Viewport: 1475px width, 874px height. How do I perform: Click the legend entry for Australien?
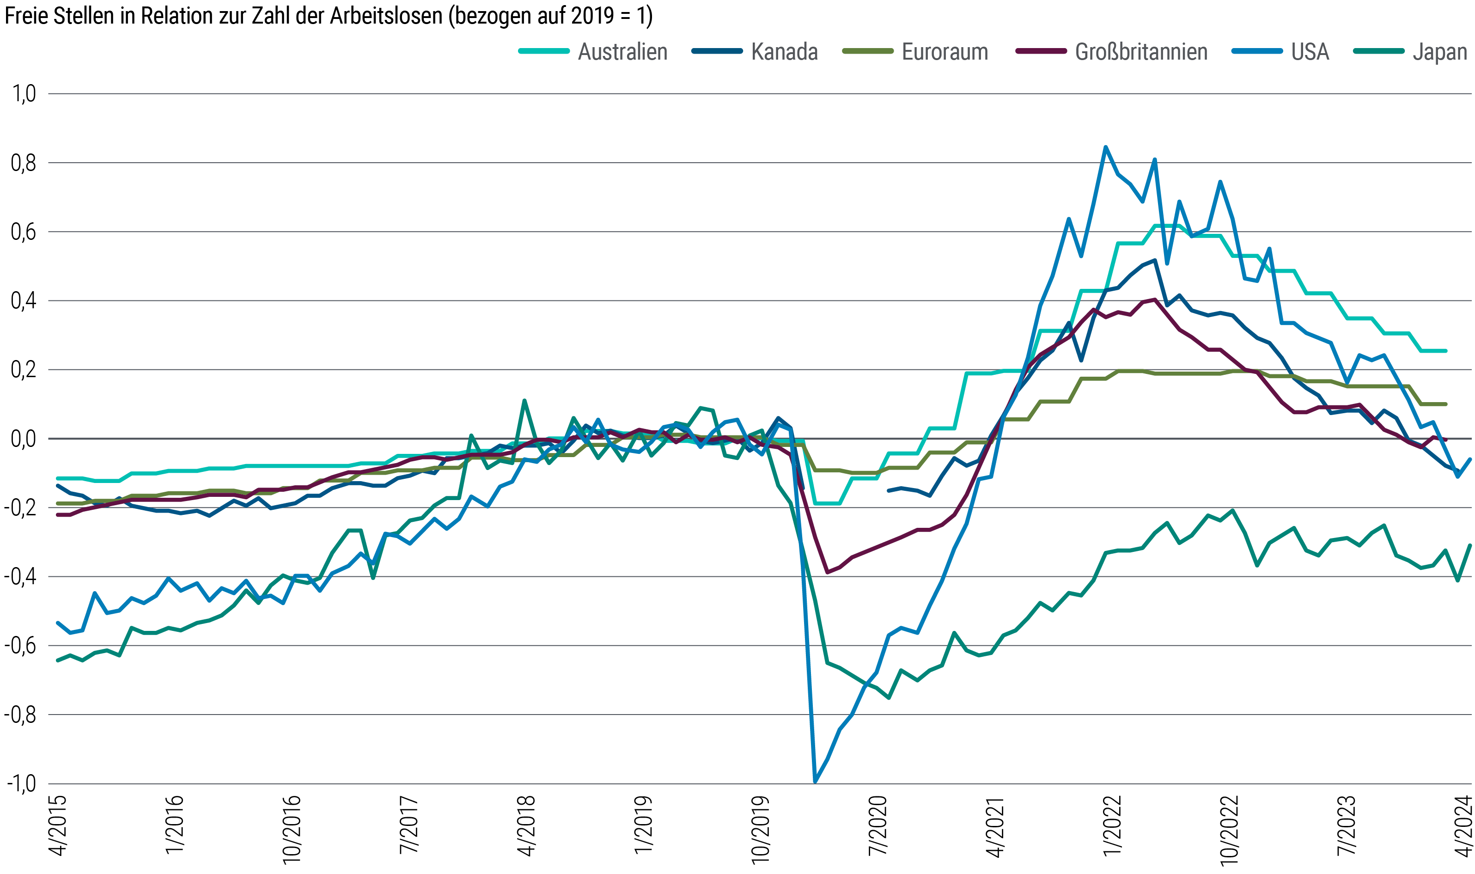click(622, 52)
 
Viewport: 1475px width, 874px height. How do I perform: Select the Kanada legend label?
click(784, 52)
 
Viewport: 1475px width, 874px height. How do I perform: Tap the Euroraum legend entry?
click(945, 52)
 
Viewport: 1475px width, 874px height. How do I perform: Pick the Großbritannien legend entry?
click(1141, 52)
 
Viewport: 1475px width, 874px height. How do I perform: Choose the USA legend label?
click(1310, 52)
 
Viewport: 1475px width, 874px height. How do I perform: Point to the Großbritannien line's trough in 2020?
click(827, 572)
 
